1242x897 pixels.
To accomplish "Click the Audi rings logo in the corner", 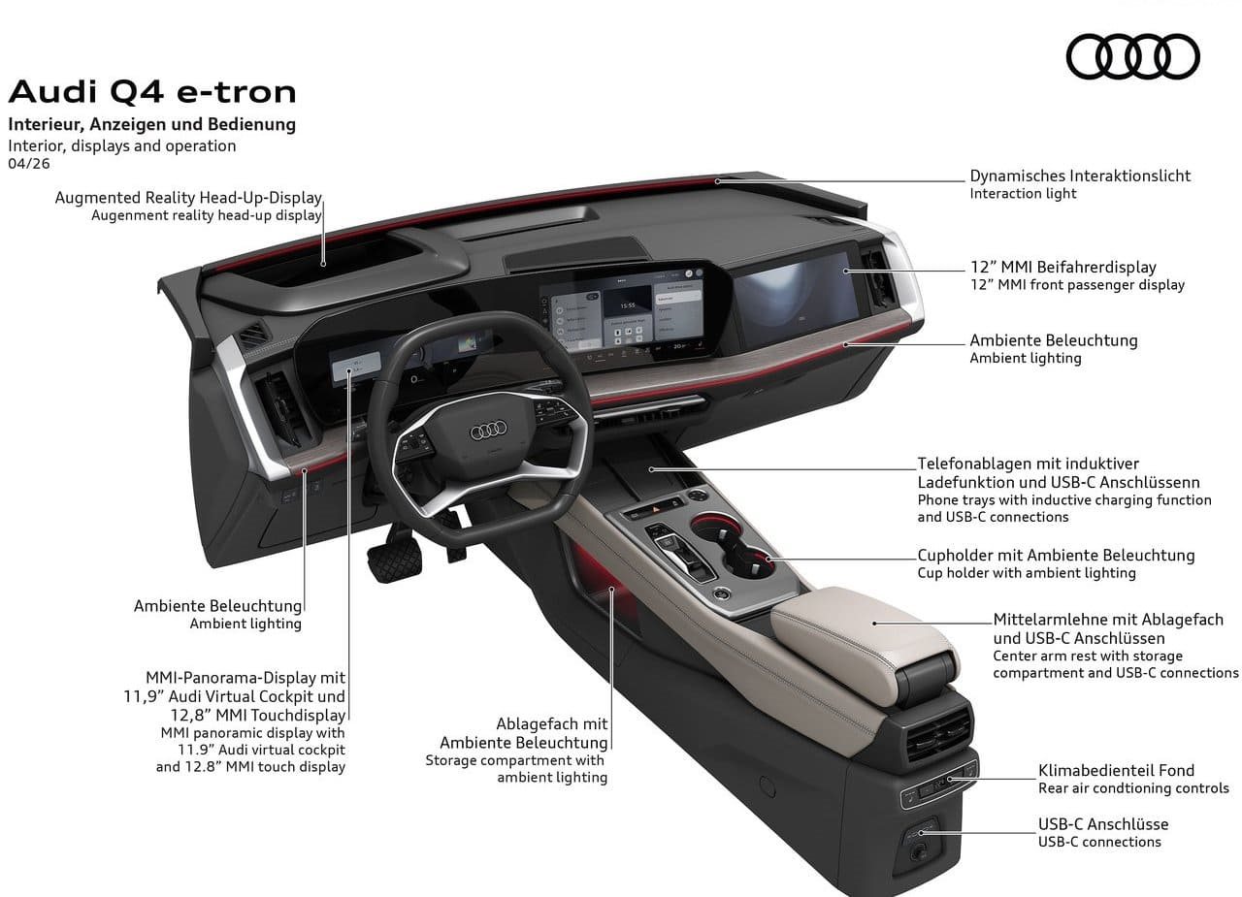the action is (1132, 56).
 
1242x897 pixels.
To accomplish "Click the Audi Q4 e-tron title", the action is (152, 92).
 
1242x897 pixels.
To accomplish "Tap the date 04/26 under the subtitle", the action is (29, 164).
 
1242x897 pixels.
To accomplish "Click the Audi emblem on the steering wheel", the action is (488, 430).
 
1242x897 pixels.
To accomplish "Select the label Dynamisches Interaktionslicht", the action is (1080, 176).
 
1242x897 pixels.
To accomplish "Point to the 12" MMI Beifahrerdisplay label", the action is (1063, 267).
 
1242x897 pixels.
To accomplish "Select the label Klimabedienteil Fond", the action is (1116, 770).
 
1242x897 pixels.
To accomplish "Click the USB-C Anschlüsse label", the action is (1103, 824).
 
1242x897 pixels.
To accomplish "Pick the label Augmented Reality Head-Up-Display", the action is (188, 198).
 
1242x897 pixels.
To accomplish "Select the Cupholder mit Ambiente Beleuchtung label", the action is (1057, 555).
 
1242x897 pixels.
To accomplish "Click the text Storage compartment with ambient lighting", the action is (516, 768).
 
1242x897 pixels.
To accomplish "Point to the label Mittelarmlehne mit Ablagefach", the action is (1108, 620).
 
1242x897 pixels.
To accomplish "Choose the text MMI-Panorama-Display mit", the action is (245, 678).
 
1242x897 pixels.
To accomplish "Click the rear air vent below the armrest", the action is (938, 733).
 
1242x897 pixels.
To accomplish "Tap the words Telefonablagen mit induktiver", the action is (1028, 464).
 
